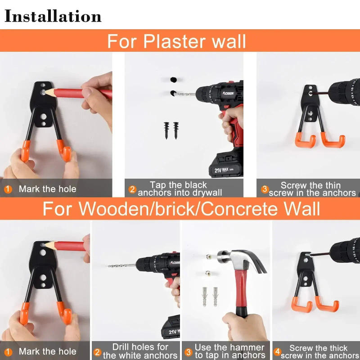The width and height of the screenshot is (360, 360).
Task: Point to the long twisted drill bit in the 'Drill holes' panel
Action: (x=121, y=265)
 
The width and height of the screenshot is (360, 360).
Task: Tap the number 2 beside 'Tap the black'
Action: (x=132, y=189)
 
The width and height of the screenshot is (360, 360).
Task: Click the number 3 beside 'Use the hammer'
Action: (x=188, y=351)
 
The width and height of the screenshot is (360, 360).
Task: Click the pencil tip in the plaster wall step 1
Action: (x=44, y=91)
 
